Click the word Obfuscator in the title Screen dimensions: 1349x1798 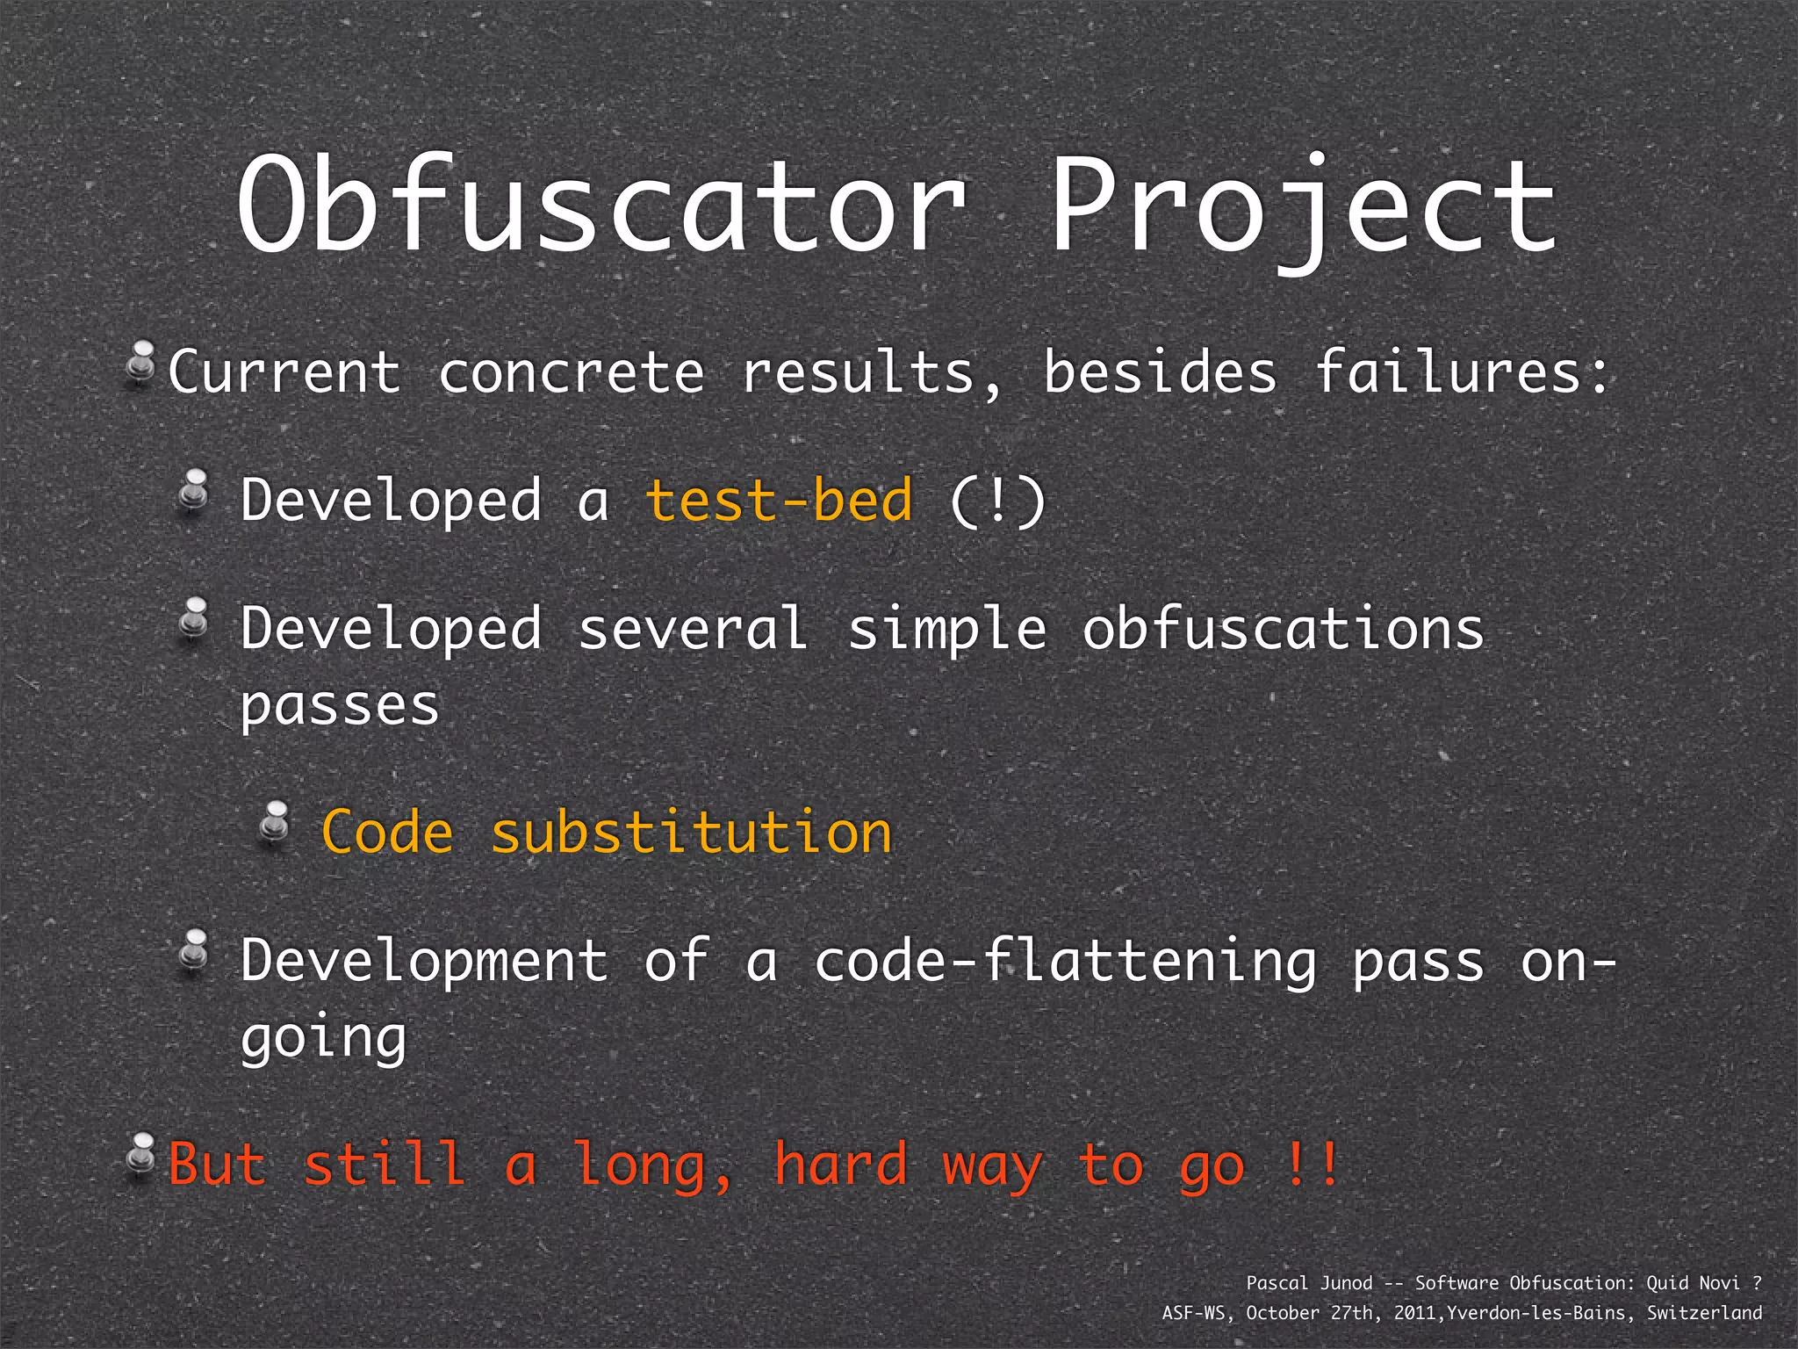click(x=602, y=206)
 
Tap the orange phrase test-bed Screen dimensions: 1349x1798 click(x=779, y=501)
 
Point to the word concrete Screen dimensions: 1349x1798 click(x=572, y=372)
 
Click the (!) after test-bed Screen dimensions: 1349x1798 click(x=998, y=501)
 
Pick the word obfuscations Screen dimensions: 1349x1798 click(x=1283, y=630)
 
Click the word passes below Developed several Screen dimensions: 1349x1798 click(x=340, y=706)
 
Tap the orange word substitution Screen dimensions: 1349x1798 click(x=692, y=832)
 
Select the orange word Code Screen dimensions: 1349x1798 click(x=387, y=832)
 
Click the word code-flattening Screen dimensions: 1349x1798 click(x=1065, y=961)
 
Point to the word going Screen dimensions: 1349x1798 click(x=323, y=1038)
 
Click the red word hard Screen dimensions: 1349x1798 click(x=840, y=1165)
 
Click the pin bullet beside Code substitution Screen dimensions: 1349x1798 click(x=276, y=825)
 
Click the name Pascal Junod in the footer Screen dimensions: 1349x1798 click(x=1309, y=1283)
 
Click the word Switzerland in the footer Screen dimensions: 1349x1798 click(x=1704, y=1313)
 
